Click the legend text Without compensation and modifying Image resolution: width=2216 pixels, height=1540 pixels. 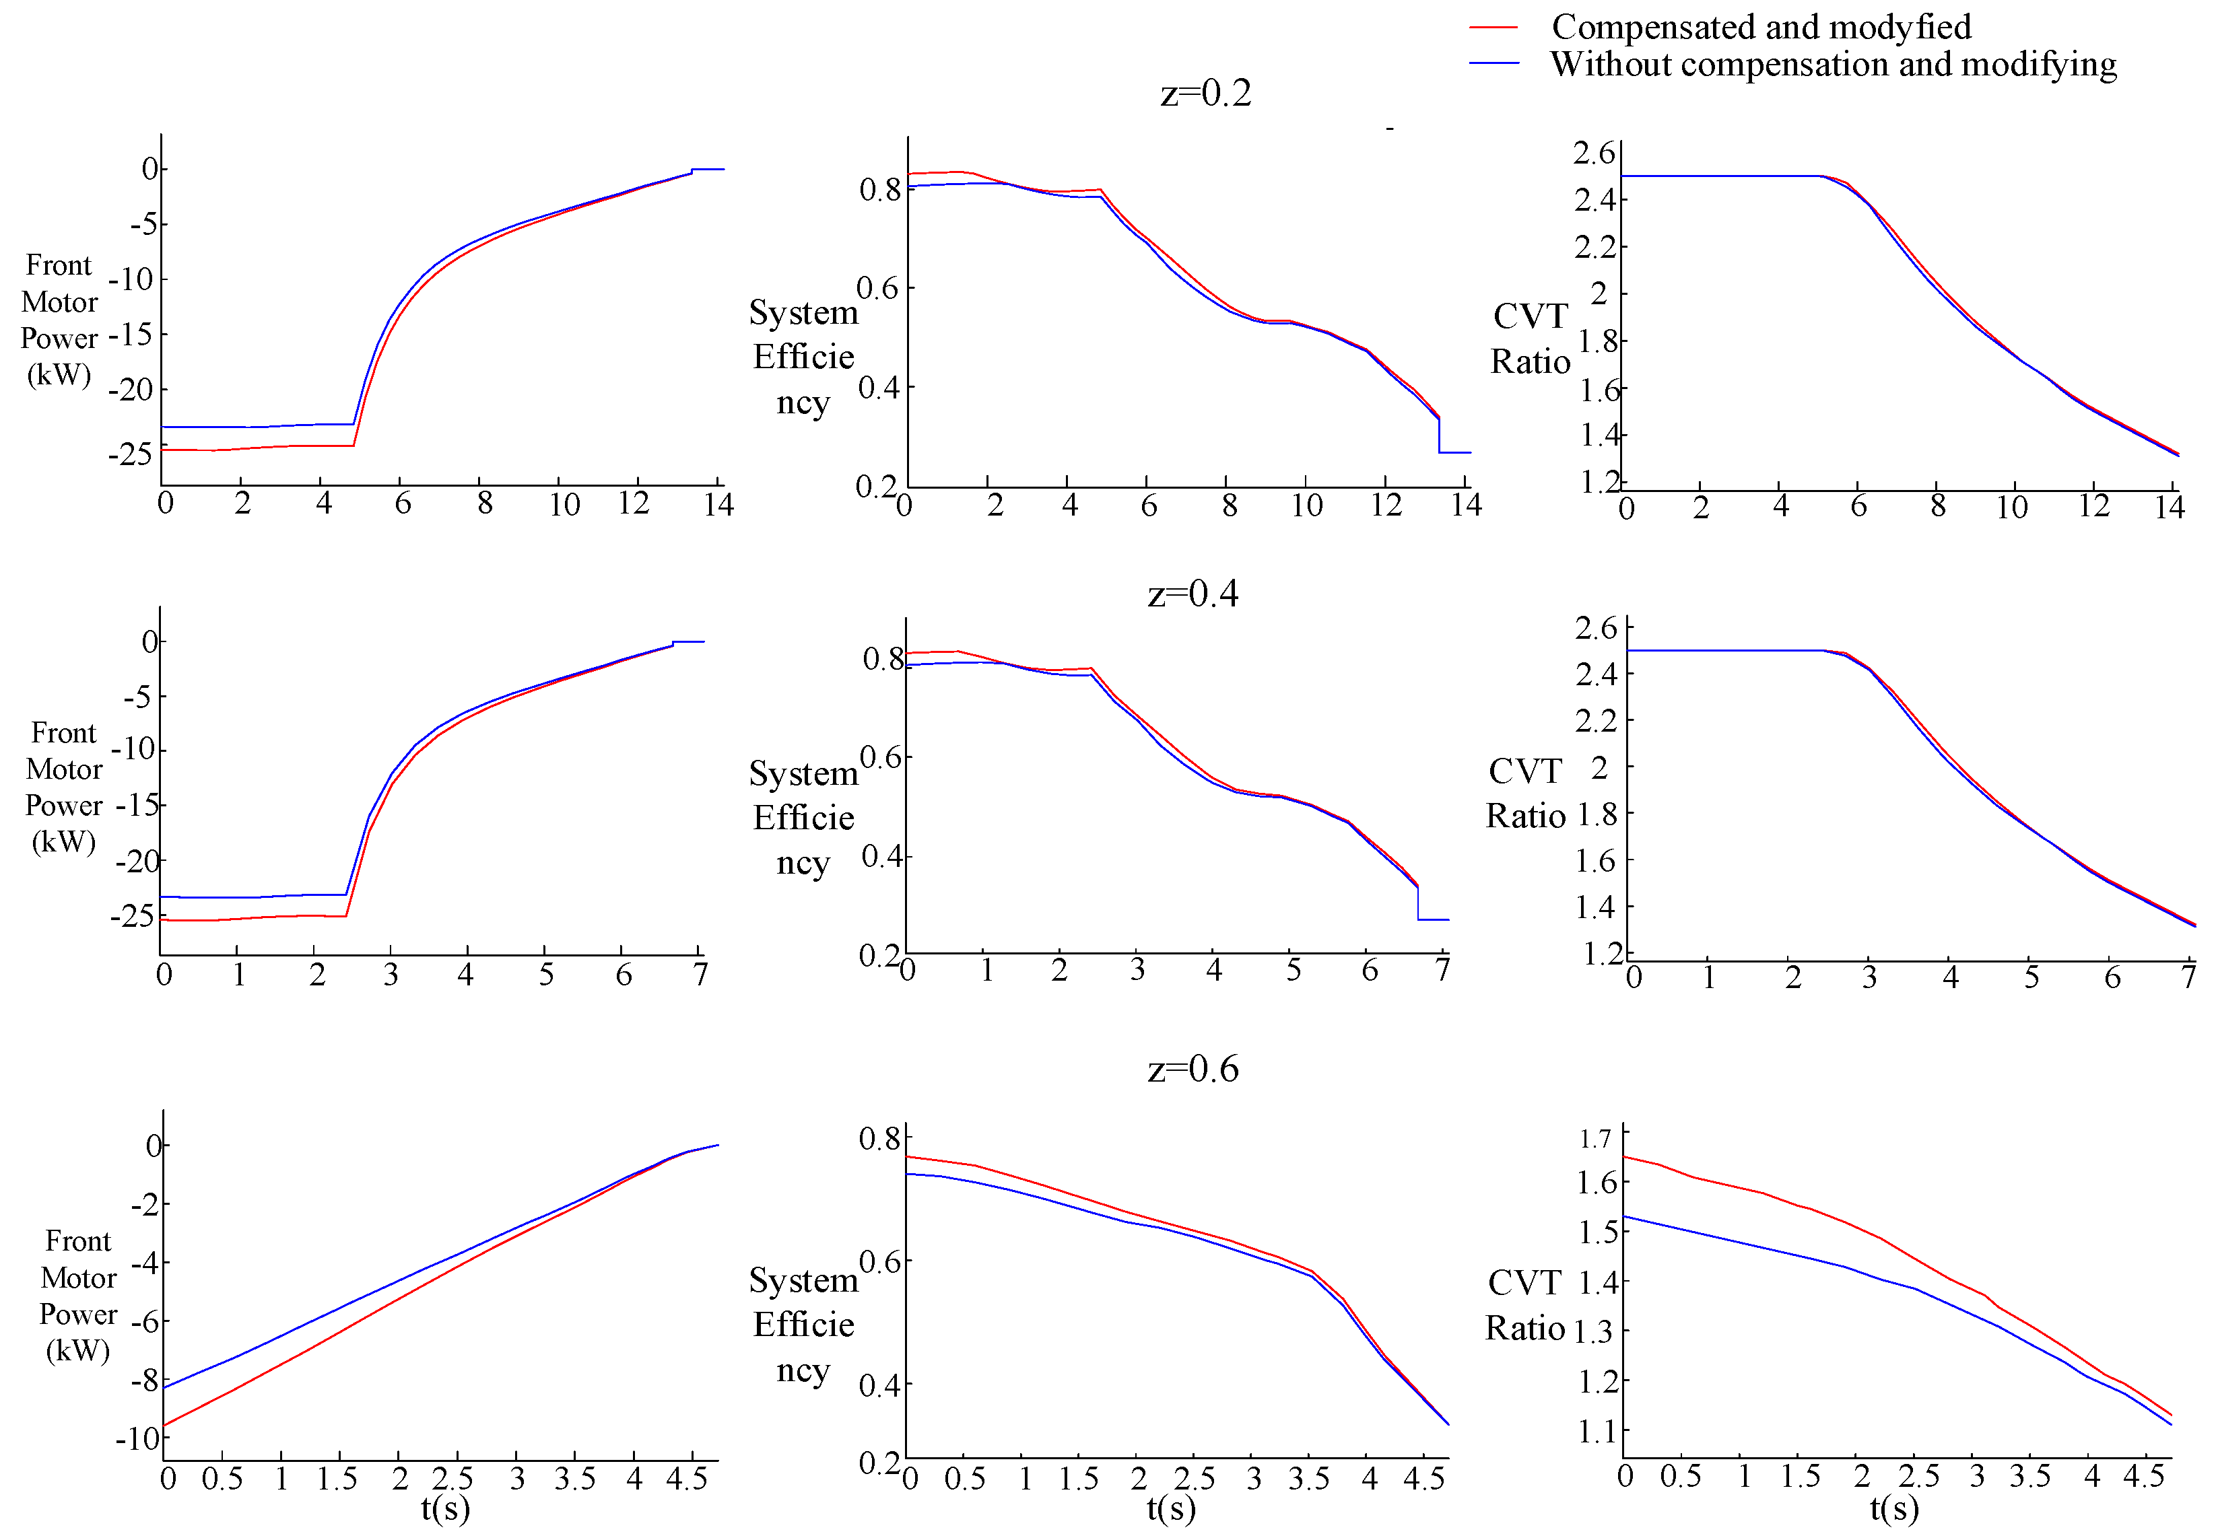[1833, 65]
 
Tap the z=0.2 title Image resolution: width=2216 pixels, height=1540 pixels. [1205, 94]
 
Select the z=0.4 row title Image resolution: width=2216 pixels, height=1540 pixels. [1193, 594]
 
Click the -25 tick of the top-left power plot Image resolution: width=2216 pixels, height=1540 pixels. [131, 454]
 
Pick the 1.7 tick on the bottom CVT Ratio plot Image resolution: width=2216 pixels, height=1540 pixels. [1594, 1140]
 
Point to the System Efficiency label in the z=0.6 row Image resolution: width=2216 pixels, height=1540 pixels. [803, 1325]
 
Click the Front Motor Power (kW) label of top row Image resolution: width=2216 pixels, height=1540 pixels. [59, 320]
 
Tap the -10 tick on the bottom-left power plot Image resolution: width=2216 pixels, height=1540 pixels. [137, 1438]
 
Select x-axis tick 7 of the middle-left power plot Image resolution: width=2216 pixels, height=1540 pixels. [700, 975]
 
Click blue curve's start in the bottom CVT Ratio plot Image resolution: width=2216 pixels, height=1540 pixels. [1625, 1217]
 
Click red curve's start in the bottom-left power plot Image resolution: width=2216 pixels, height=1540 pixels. [165, 1425]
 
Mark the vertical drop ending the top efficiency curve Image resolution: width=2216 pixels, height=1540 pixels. [1439, 435]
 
